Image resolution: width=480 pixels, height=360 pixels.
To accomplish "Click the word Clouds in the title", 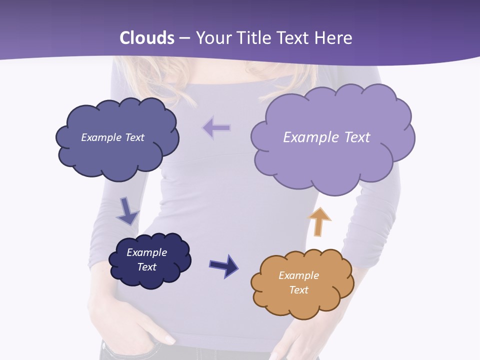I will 147,38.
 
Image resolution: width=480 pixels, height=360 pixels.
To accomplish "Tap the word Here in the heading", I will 334,38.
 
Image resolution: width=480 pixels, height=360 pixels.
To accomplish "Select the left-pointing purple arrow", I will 216,128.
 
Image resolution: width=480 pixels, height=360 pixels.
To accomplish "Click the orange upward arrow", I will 319,221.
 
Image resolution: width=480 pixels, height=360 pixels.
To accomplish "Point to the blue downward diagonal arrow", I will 127,211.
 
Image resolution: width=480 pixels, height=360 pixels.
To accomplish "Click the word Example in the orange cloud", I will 298,275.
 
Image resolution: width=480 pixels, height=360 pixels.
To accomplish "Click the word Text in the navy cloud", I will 147,267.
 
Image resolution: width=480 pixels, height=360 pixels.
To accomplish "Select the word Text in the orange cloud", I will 298,290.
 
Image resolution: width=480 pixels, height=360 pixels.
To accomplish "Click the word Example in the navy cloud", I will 146,252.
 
